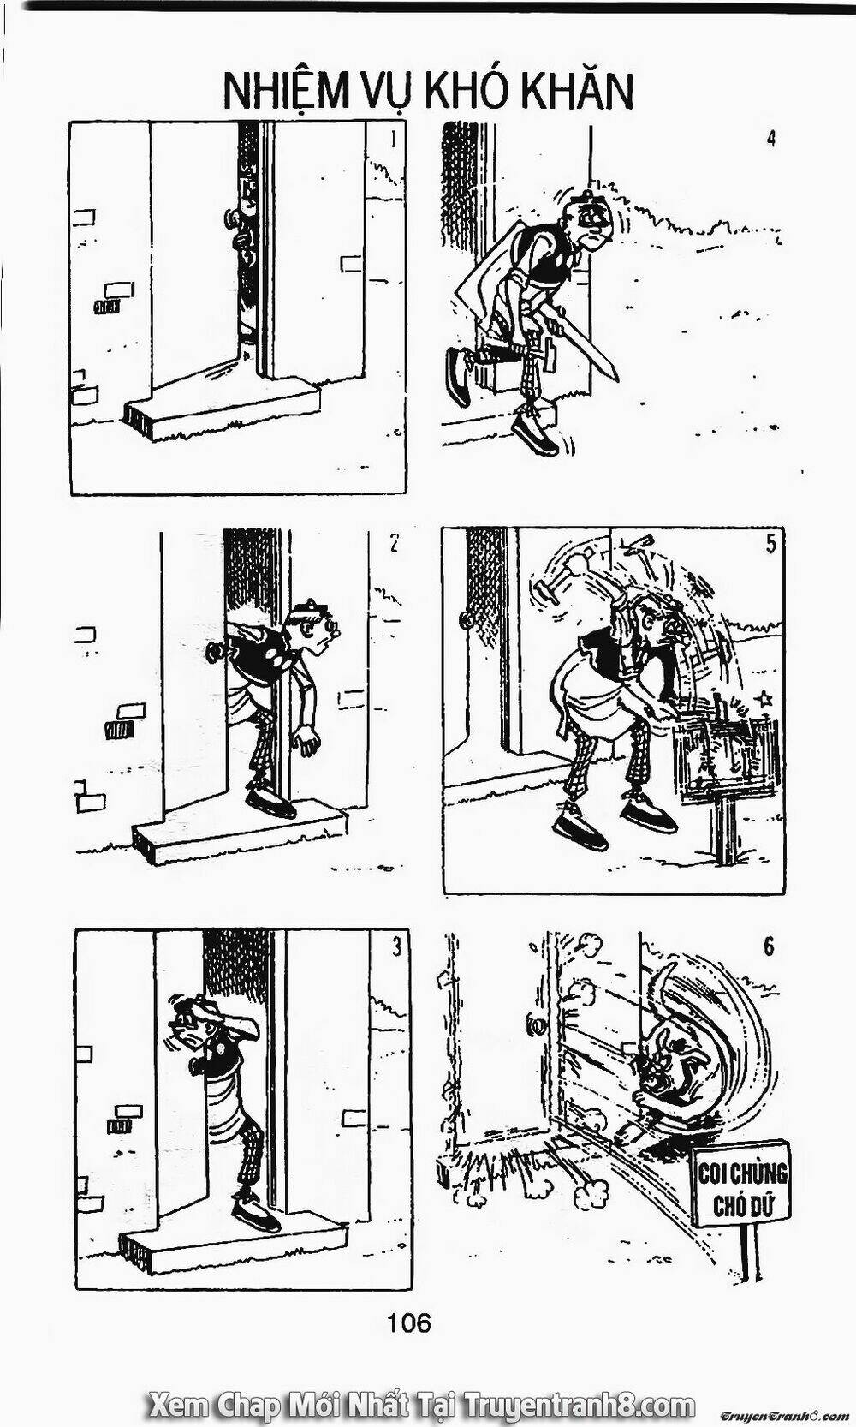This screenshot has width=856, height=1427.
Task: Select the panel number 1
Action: (x=393, y=139)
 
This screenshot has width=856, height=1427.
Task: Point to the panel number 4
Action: (x=770, y=138)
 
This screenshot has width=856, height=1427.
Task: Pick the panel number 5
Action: (x=770, y=545)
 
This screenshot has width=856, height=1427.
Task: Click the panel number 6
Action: (x=768, y=948)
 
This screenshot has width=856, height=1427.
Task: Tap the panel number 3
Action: (x=395, y=947)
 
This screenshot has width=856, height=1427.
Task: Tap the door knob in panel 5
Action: (x=465, y=618)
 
